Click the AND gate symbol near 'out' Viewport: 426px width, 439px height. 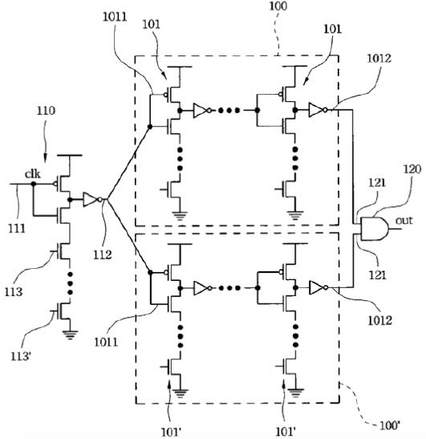(x=375, y=229)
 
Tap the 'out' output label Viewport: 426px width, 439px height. (x=404, y=221)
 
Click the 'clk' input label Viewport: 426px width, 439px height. (x=32, y=174)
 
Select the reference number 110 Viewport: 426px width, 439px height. (x=47, y=111)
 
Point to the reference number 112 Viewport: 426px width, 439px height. (x=103, y=254)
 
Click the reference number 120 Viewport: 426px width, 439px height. (x=412, y=169)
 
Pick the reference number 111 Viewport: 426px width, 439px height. (x=17, y=229)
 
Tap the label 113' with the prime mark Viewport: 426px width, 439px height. (x=21, y=356)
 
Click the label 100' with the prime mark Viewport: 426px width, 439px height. (x=390, y=425)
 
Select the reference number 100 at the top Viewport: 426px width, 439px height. (x=278, y=6)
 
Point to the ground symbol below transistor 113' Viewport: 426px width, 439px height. (x=70, y=335)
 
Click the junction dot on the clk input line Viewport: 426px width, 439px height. (x=34, y=184)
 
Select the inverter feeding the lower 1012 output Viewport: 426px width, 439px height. (x=318, y=287)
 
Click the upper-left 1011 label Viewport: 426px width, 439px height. (x=115, y=17)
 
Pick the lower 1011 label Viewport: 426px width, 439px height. (x=106, y=342)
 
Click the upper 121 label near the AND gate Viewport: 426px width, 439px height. (x=377, y=183)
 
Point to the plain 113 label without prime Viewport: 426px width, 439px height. (x=13, y=292)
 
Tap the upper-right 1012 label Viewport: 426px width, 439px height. (x=379, y=59)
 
